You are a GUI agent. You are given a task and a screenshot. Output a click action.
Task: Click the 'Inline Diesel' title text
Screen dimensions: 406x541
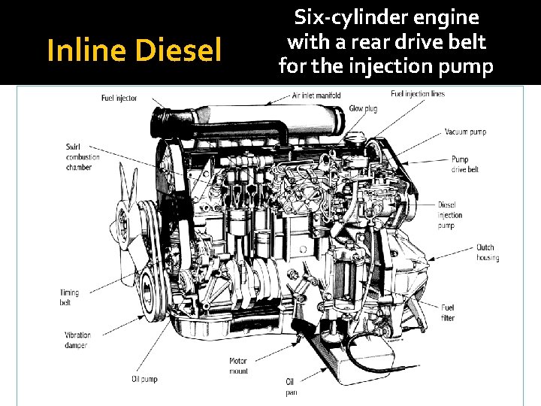[x=134, y=51]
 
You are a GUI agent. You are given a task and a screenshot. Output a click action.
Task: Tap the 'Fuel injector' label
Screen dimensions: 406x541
[x=119, y=98]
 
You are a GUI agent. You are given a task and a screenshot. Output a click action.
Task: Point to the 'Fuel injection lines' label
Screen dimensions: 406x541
[x=418, y=94]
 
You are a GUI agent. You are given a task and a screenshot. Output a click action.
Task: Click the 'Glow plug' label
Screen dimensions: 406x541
[x=363, y=109]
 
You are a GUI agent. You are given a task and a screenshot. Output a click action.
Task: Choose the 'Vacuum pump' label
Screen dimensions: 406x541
[x=465, y=132]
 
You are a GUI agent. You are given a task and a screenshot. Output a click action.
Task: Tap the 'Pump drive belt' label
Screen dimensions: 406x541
[x=464, y=165]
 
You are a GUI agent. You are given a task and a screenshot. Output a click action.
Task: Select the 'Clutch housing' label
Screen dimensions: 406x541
[x=487, y=253]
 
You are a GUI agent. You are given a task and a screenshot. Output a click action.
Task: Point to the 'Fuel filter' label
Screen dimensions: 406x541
[x=448, y=312]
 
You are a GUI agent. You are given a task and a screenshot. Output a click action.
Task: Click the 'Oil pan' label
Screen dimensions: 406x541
[x=292, y=386]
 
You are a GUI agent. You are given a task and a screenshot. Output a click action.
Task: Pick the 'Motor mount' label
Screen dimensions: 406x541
[x=238, y=366]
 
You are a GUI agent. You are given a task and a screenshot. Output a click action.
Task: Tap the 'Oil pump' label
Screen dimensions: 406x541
[x=144, y=378]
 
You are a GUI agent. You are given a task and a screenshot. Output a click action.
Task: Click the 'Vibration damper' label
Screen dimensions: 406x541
[x=77, y=340]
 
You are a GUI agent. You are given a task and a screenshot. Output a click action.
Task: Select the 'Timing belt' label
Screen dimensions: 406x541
[x=69, y=298]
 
